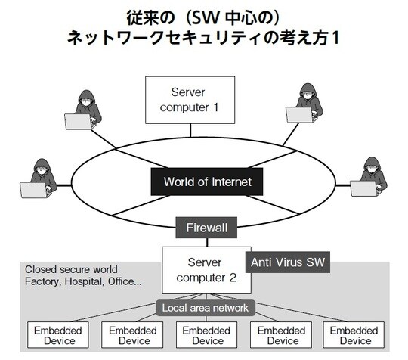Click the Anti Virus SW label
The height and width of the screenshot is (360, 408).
[288, 262]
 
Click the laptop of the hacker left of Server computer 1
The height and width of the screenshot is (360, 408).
[77, 122]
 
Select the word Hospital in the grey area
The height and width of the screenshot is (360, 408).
[82, 281]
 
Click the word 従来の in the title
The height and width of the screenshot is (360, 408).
[141, 14]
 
